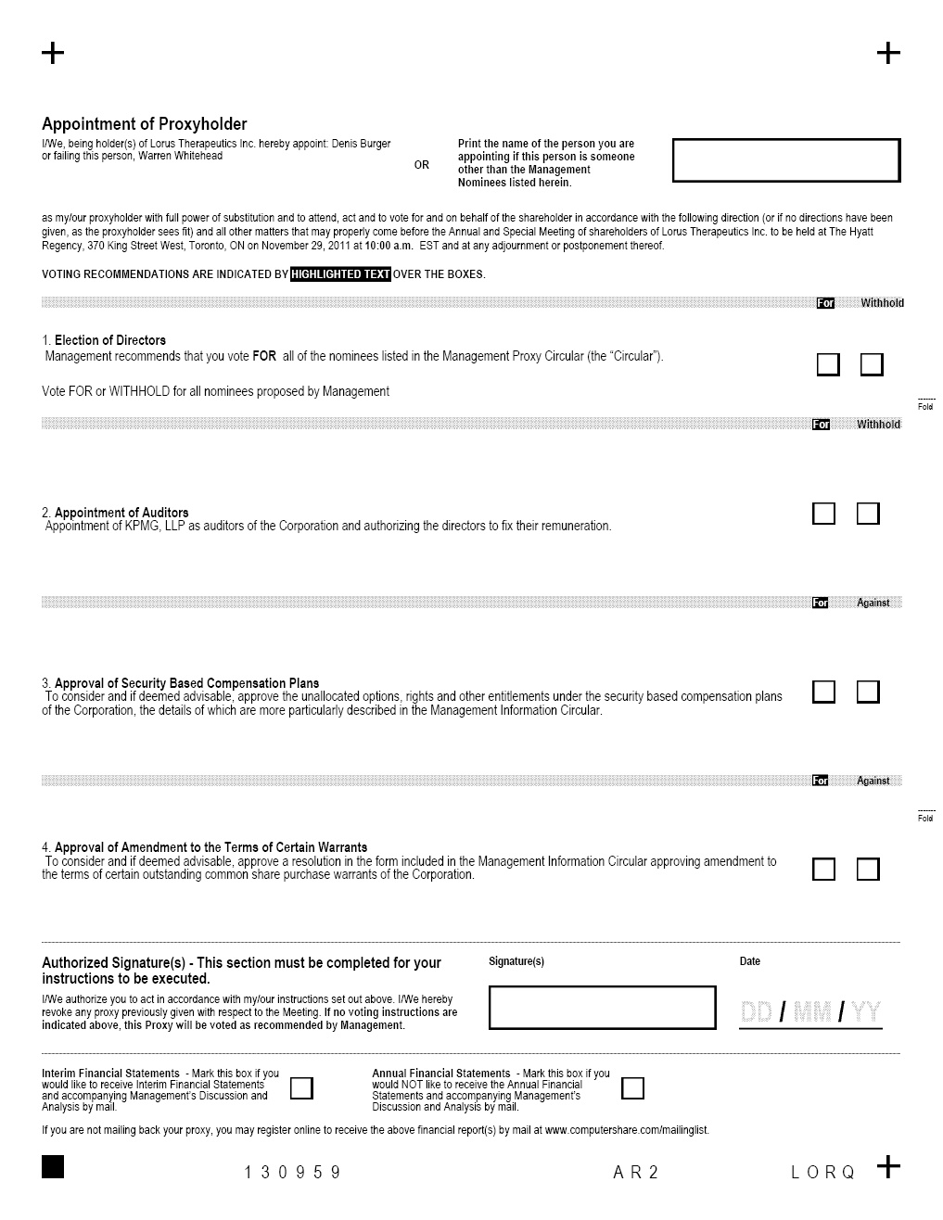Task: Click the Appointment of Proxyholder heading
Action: click(x=145, y=124)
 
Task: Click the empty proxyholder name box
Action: click(x=785, y=160)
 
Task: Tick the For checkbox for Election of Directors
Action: click(x=828, y=364)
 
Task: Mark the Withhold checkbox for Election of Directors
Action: click(x=872, y=364)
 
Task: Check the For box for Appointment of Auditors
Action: click(x=823, y=514)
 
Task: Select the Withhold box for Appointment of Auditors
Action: click(x=868, y=514)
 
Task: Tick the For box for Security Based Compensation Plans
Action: click(x=823, y=692)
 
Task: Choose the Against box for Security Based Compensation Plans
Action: click(x=868, y=692)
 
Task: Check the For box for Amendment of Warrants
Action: click(x=823, y=869)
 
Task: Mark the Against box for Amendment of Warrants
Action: click(x=868, y=869)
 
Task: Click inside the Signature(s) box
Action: click(x=602, y=1007)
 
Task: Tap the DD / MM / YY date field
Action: click(x=810, y=1012)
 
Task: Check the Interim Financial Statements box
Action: click(x=301, y=1087)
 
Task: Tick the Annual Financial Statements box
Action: click(x=632, y=1087)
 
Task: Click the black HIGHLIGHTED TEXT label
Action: click(x=340, y=274)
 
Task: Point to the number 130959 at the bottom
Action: click(x=293, y=1173)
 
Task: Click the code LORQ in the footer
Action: click(x=823, y=1173)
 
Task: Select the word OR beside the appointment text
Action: click(x=422, y=165)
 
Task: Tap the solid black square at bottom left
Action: click(x=53, y=1167)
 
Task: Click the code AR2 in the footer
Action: click(x=636, y=1173)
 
